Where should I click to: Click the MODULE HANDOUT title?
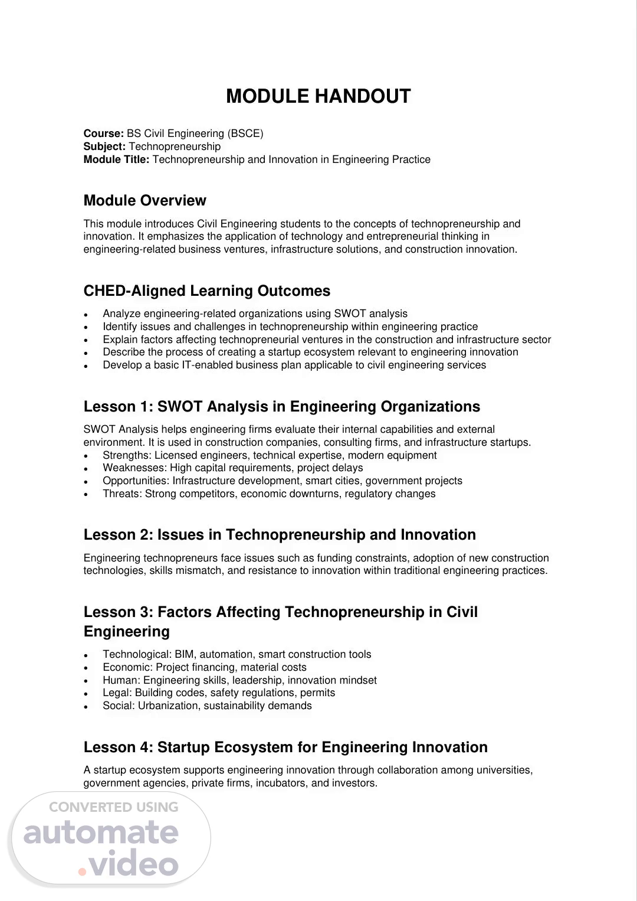(318, 96)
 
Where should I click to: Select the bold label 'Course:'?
(104, 133)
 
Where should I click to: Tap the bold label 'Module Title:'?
(117, 159)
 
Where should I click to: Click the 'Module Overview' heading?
(145, 201)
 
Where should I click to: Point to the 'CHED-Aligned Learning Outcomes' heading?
(207, 291)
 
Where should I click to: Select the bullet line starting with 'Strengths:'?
(270, 455)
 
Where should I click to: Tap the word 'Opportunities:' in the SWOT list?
(136, 481)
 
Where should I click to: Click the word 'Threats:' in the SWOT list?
(122, 494)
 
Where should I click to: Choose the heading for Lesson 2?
(280, 535)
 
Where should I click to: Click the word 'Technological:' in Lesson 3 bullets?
(137, 654)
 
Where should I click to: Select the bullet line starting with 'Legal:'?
(219, 693)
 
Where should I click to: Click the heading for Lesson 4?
(285, 747)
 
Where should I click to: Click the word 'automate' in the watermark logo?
(101, 833)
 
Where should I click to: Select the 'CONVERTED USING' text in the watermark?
(113, 807)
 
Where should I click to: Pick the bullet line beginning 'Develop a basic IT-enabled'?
(294, 365)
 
